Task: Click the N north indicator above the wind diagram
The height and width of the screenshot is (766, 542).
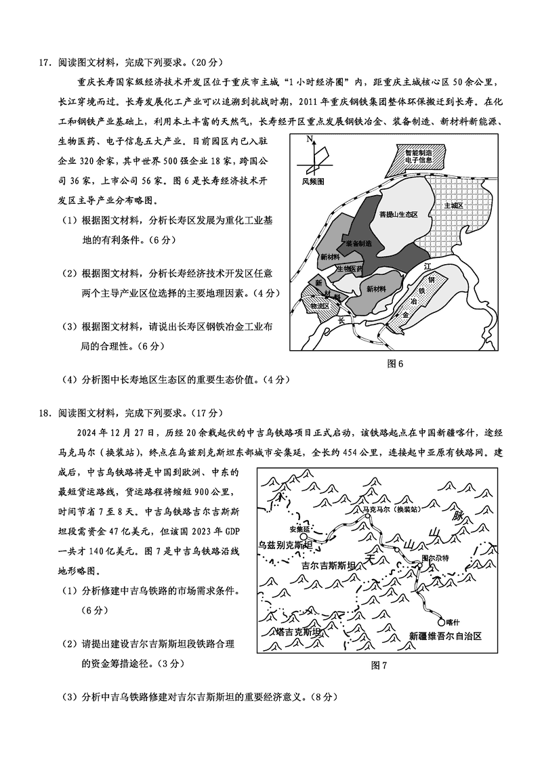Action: click(309, 140)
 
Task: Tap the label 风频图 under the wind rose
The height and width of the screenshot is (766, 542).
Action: click(314, 182)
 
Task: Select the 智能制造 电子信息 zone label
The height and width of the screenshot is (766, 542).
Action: click(418, 156)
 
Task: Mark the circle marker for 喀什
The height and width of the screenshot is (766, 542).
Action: click(442, 622)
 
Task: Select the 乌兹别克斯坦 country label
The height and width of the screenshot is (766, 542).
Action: click(285, 545)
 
